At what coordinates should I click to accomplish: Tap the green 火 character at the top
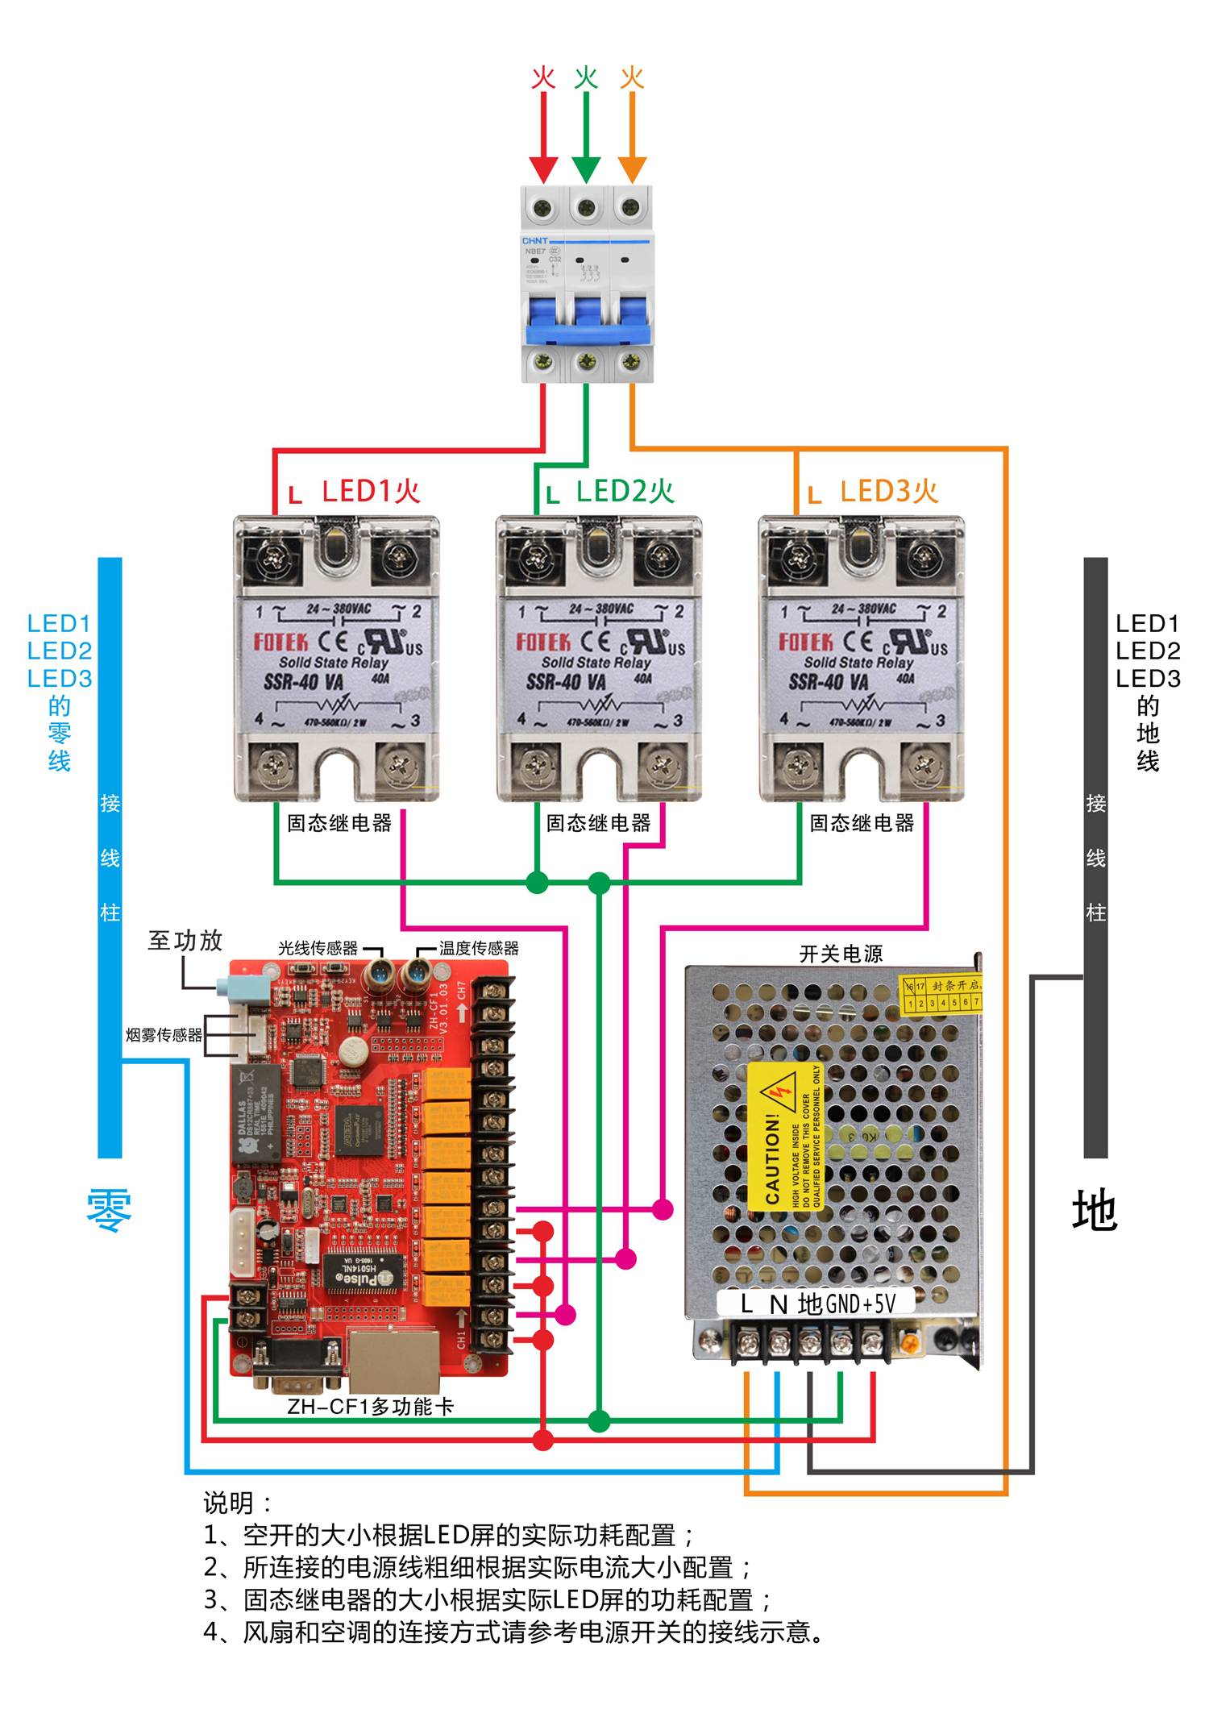586,77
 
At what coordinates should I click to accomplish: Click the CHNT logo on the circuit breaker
534,240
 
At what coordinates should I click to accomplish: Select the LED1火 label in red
371,491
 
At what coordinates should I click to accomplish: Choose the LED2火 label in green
625,491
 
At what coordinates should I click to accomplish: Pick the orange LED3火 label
889,491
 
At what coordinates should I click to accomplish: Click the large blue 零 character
109,1209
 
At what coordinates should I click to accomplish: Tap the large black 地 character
1095,1209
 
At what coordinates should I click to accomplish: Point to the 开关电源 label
841,954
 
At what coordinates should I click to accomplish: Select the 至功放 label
185,940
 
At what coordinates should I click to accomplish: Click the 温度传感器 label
479,948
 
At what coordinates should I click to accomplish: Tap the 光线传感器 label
318,948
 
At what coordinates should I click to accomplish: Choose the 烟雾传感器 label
164,1034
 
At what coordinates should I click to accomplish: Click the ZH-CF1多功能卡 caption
371,1407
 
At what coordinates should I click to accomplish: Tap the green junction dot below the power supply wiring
599,1420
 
